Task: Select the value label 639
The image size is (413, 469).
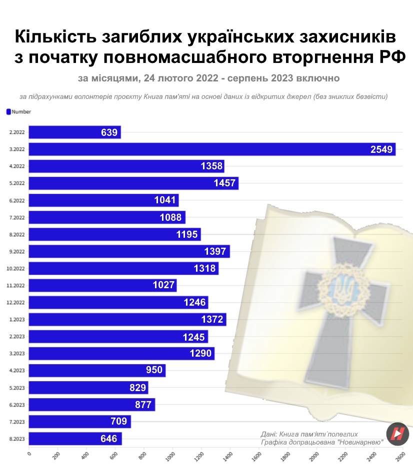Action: pyautogui.click(x=109, y=132)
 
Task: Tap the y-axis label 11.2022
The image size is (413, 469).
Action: pyautogui.click(x=15, y=286)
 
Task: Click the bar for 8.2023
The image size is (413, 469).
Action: pyautogui.click(x=75, y=439)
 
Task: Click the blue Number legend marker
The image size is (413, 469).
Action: pyautogui.click(x=8, y=112)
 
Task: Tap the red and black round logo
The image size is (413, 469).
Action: pyautogui.click(x=397, y=433)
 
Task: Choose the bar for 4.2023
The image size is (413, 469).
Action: pyautogui.click(x=97, y=371)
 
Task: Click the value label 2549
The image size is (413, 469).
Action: pyautogui.click(x=381, y=149)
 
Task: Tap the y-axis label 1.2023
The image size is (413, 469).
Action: pyautogui.click(x=16, y=320)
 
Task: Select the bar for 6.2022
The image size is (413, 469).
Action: pyautogui.click(x=103, y=200)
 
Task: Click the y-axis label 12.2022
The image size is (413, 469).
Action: pyautogui.click(x=15, y=303)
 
